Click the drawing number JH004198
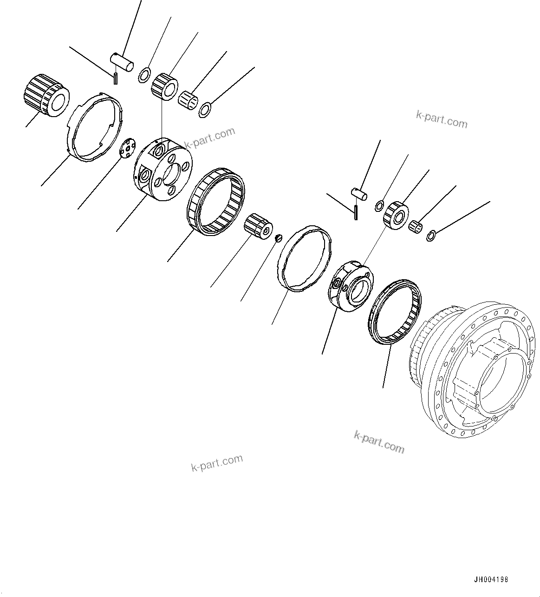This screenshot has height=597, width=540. tap(491, 580)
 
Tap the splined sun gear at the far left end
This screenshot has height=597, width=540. tap(46, 95)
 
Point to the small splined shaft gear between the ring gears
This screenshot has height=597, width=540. tap(258, 227)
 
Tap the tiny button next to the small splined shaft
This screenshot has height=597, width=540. tap(279, 238)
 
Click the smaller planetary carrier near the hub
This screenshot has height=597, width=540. tap(351, 286)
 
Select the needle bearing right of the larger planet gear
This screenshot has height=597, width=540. tap(189, 98)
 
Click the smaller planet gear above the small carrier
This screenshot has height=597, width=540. tap(395, 214)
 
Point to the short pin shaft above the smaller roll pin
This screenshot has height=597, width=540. tap(359, 193)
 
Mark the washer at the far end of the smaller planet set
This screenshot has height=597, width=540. tap(430, 236)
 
